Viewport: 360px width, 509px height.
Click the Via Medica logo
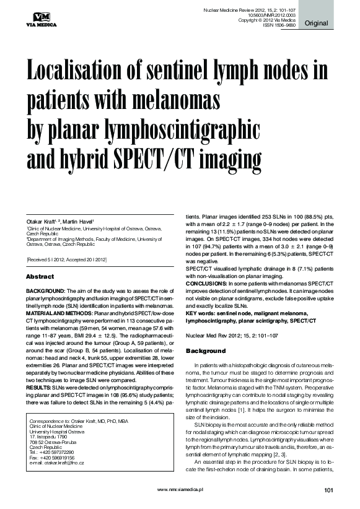(40, 19)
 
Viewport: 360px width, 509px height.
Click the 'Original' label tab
(316, 24)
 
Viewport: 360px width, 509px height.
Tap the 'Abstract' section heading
(41, 276)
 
